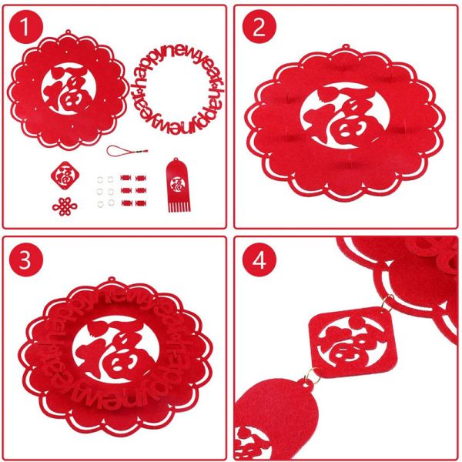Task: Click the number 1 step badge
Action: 28,28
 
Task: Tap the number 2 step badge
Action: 259,28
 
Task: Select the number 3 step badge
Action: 28,259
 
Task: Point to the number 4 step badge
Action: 259,259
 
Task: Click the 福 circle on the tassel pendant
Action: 176,184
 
